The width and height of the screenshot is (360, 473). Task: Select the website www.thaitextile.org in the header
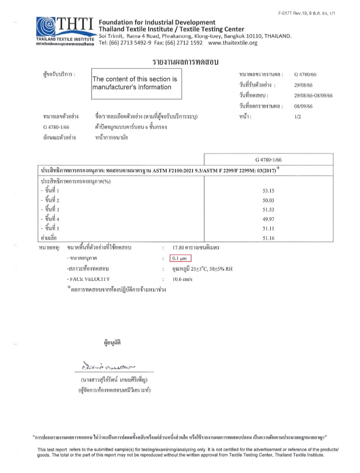232,43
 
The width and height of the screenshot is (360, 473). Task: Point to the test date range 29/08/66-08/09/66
313,96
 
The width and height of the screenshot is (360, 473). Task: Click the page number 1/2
297,117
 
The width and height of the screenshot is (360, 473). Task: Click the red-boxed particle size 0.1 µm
180,258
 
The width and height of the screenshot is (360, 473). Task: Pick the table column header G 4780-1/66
268,160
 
